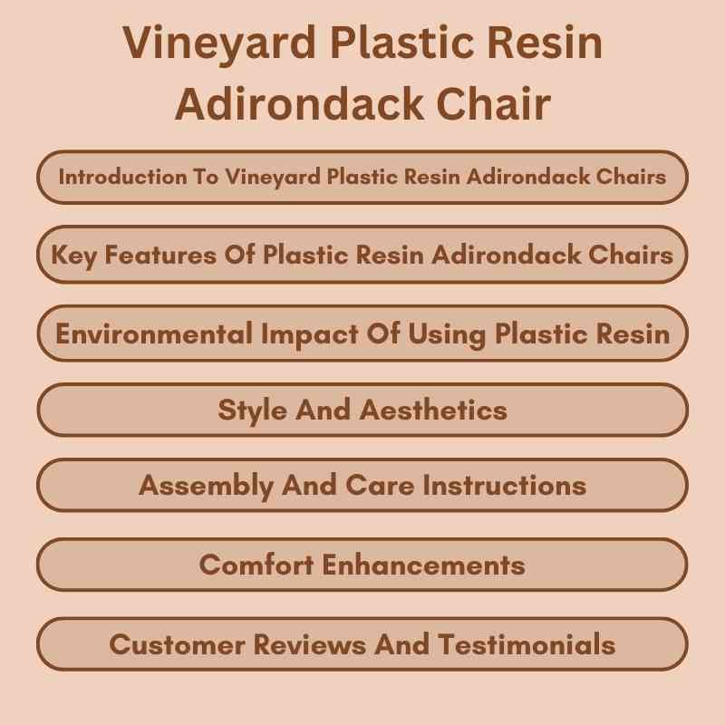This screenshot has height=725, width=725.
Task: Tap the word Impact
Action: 304,333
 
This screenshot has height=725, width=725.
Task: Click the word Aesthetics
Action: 433,410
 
